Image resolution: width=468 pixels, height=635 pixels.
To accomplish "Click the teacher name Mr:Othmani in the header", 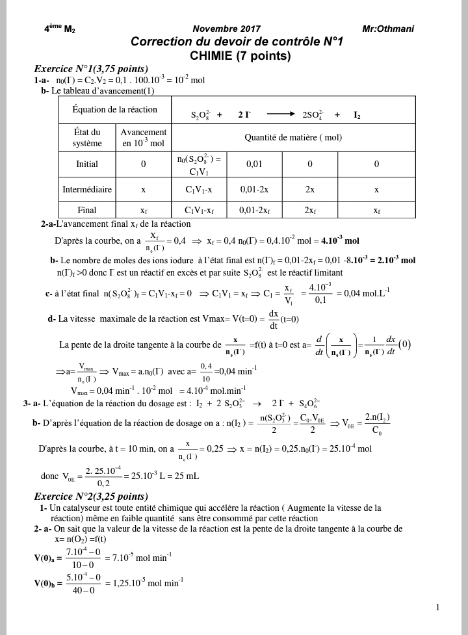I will tap(388, 29).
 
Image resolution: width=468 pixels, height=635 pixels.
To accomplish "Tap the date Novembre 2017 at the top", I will tap(227, 29).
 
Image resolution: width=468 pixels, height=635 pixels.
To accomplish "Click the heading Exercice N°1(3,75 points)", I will tap(91, 69).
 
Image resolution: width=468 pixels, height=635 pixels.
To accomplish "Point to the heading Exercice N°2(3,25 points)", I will tap(91, 496).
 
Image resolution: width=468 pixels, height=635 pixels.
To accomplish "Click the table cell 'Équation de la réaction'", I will tap(109, 109).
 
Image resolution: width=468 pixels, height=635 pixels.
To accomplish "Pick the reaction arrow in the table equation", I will tap(281, 114).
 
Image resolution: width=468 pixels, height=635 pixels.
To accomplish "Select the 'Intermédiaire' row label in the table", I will tap(87, 190).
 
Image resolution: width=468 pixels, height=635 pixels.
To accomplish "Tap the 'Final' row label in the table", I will tap(87, 211).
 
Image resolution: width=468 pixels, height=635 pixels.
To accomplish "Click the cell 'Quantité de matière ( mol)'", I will tap(293, 138).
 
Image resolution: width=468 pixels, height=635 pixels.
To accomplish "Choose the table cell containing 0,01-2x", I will tap(254, 190).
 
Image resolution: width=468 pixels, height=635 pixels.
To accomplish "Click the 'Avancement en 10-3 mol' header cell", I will tap(144, 138).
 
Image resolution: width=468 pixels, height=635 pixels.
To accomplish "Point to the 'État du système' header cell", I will tap(87, 138).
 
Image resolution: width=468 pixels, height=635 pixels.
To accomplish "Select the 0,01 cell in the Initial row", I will tap(254, 164).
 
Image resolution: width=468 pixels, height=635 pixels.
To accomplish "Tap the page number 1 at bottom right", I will tap(438, 608).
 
